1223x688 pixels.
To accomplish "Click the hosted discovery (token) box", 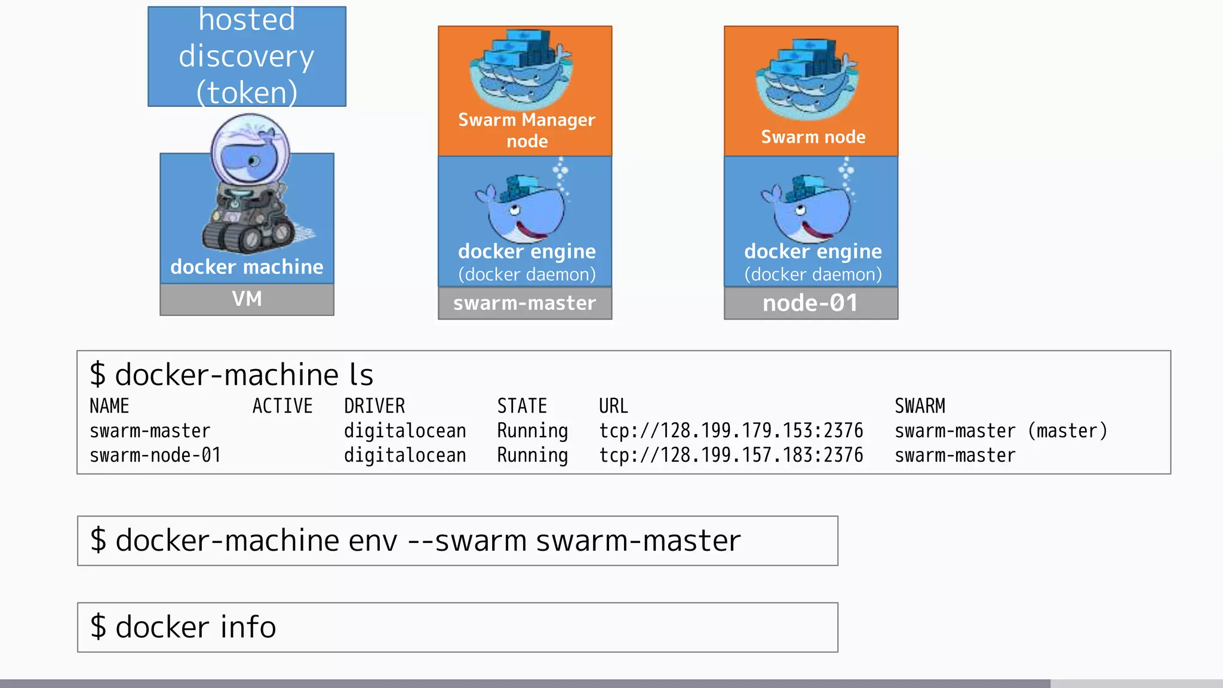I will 247,57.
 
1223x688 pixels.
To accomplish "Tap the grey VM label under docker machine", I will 247,299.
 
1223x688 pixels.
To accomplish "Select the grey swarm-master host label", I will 524,303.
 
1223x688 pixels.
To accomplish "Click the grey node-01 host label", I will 810,303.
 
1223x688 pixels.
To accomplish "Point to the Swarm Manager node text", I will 526,130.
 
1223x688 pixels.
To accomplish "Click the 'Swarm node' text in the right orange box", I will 813,137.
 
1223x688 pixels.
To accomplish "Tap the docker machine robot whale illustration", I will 251,185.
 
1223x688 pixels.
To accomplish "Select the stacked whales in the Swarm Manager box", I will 520,69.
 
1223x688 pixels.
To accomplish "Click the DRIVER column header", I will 374,406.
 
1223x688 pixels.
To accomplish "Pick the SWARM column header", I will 920,406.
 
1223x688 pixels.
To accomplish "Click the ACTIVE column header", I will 282,406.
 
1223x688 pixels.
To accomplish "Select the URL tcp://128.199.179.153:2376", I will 731,431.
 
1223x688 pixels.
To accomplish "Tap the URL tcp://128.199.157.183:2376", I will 731,455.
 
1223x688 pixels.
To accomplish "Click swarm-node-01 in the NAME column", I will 155,455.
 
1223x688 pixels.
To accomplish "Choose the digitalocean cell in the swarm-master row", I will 405,431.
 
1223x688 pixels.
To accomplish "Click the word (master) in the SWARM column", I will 1067,431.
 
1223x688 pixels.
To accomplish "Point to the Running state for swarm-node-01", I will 532,455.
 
